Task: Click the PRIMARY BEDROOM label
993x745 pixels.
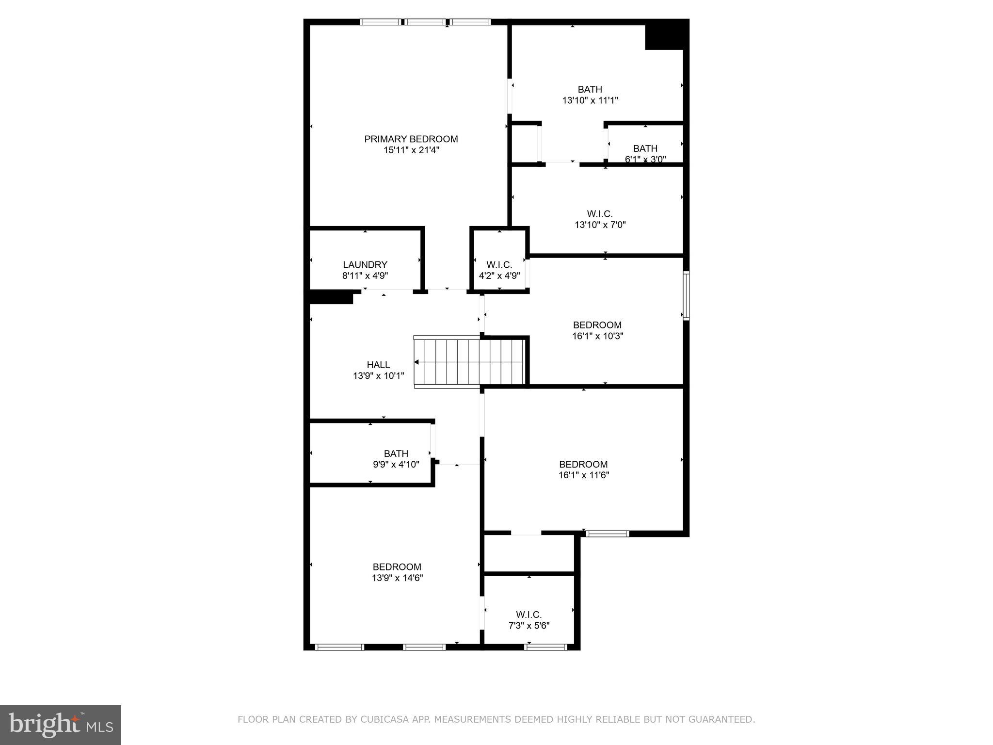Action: [411, 139]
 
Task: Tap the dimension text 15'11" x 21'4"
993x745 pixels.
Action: [411, 150]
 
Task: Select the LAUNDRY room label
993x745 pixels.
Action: [365, 265]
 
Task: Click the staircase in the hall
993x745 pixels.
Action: [469, 362]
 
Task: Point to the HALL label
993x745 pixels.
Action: [378, 365]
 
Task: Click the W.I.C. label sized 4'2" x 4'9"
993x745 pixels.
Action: [499, 265]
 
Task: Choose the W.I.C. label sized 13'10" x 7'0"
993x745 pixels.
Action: [600, 214]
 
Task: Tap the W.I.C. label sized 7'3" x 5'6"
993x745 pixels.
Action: [529, 615]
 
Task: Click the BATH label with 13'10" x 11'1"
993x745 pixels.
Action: [590, 90]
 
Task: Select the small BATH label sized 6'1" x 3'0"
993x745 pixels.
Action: [645, 148]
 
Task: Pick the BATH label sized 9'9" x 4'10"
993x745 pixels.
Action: [396, 453]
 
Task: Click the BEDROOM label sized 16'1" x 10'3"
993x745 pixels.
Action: [597, 325]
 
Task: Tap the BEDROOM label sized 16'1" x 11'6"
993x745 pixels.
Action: [583, 464]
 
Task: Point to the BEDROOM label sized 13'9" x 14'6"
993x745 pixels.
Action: [397, 567]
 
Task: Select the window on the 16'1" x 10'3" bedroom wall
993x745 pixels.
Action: [686, 295]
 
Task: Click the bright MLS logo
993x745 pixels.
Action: [61, 725]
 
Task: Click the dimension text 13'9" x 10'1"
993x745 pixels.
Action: [378, 376]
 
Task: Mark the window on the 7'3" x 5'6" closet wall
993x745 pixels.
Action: [546, 647]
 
